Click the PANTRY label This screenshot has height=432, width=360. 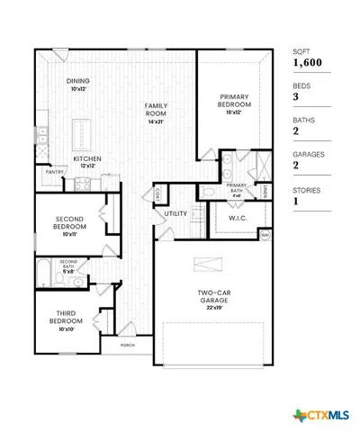tap(55, 171)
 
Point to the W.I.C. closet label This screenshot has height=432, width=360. tap(238, 217)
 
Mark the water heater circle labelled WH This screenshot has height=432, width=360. tap(264, 235)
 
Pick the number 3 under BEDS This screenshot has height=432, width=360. tap(295, 97)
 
